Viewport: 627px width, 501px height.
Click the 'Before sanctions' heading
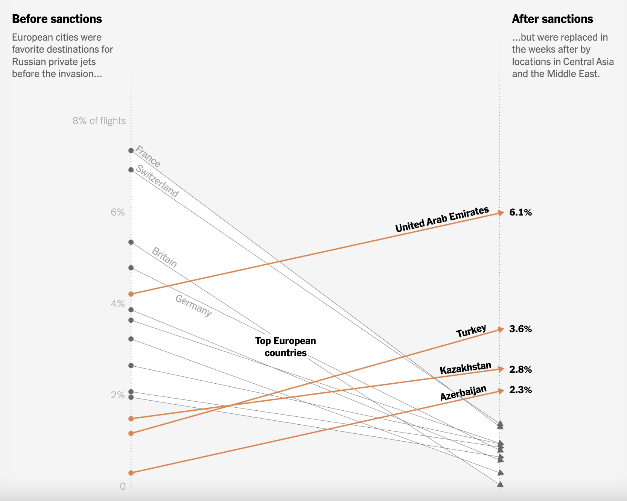click(x=57, y=19)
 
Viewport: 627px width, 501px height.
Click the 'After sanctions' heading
click(x=552, y=19)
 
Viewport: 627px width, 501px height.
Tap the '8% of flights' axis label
click(x=99, y=121)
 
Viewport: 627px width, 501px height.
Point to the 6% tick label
click(x=117, y=212)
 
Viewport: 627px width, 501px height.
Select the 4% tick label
click(x=117, y=304)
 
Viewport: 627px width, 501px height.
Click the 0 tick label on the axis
click(x=123, y=486)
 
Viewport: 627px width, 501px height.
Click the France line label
click(x=148, y=156)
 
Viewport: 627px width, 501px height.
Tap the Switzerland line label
click(x=157, y=181)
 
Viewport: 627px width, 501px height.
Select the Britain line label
click(x=164, y=257)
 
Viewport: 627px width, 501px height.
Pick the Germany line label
click(x=193, y=305)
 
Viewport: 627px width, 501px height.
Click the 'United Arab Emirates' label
click(x=442, y=220)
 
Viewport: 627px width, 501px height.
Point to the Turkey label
click(x=471, y=331)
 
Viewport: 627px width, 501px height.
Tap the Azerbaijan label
click(x=463, y=393)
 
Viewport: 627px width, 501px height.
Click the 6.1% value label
click(x=520, y=213)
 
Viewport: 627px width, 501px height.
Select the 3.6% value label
click(x=520, y=329)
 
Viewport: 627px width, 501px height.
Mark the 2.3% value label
click(x=520, y=390)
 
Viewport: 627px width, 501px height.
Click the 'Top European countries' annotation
click(x=286, y=347)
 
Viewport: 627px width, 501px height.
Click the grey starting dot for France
click(x=131, y=150)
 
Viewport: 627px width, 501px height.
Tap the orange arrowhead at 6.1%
click(x=501, y=213)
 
